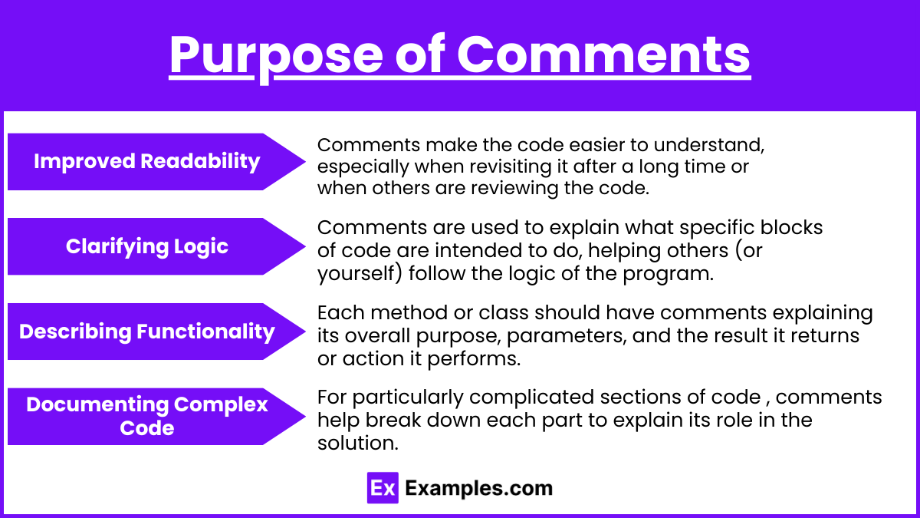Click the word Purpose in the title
pos(276,55)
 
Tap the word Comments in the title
pos(604,54)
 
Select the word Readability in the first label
pos(200,161)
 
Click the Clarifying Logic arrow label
pos(156,246)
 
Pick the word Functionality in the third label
pos(205,332)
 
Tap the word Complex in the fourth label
pos(221,404)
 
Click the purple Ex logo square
pos(383,487)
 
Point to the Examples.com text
pos(478,488)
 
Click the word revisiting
pos(507,167)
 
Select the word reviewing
pos(514,188)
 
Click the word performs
pos(474,359)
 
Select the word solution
pos(358,444)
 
